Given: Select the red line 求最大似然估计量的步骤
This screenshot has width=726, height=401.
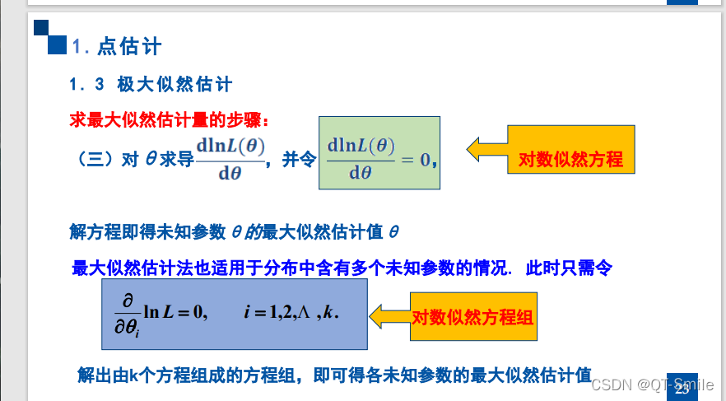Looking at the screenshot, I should pos(170,120).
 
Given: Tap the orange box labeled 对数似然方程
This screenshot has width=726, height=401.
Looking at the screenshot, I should pos(570,160).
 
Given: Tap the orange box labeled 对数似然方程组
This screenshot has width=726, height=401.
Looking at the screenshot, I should pos(473,317).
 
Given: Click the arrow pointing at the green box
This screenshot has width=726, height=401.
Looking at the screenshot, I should pos(486,148).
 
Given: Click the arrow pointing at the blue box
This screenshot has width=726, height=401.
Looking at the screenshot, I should pos(389,316).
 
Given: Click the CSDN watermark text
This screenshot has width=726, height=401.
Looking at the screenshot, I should pos(656,385).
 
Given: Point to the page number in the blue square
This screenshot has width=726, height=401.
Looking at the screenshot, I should pos(682,388).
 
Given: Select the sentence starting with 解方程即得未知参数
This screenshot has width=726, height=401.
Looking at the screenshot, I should pos(235,231).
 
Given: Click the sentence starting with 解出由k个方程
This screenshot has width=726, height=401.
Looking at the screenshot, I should pos(334,375).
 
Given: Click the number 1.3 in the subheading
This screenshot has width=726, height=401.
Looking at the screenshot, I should pos(87,84).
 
